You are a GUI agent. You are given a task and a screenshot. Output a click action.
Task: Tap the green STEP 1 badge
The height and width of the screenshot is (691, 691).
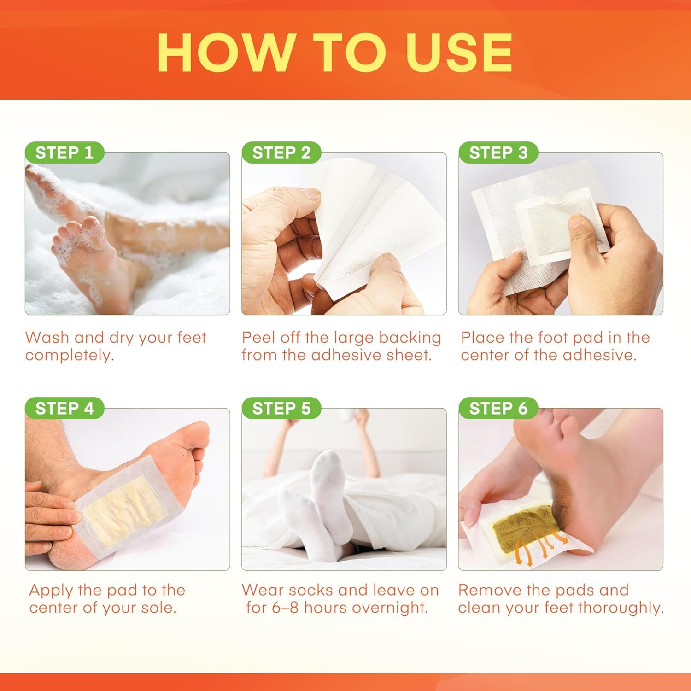64,152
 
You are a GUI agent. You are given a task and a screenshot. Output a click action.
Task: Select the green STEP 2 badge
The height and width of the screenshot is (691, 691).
281,152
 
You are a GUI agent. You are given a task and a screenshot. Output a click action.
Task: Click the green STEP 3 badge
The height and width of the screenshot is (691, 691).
498,152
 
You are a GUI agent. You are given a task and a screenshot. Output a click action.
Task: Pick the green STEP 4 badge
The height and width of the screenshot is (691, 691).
64,408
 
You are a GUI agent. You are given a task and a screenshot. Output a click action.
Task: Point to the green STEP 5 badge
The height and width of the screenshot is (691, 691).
281,408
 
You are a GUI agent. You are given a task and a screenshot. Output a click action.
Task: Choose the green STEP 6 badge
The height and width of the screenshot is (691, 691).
498,408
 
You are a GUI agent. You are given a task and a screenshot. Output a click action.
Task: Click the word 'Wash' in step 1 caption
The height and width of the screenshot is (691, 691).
47,337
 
